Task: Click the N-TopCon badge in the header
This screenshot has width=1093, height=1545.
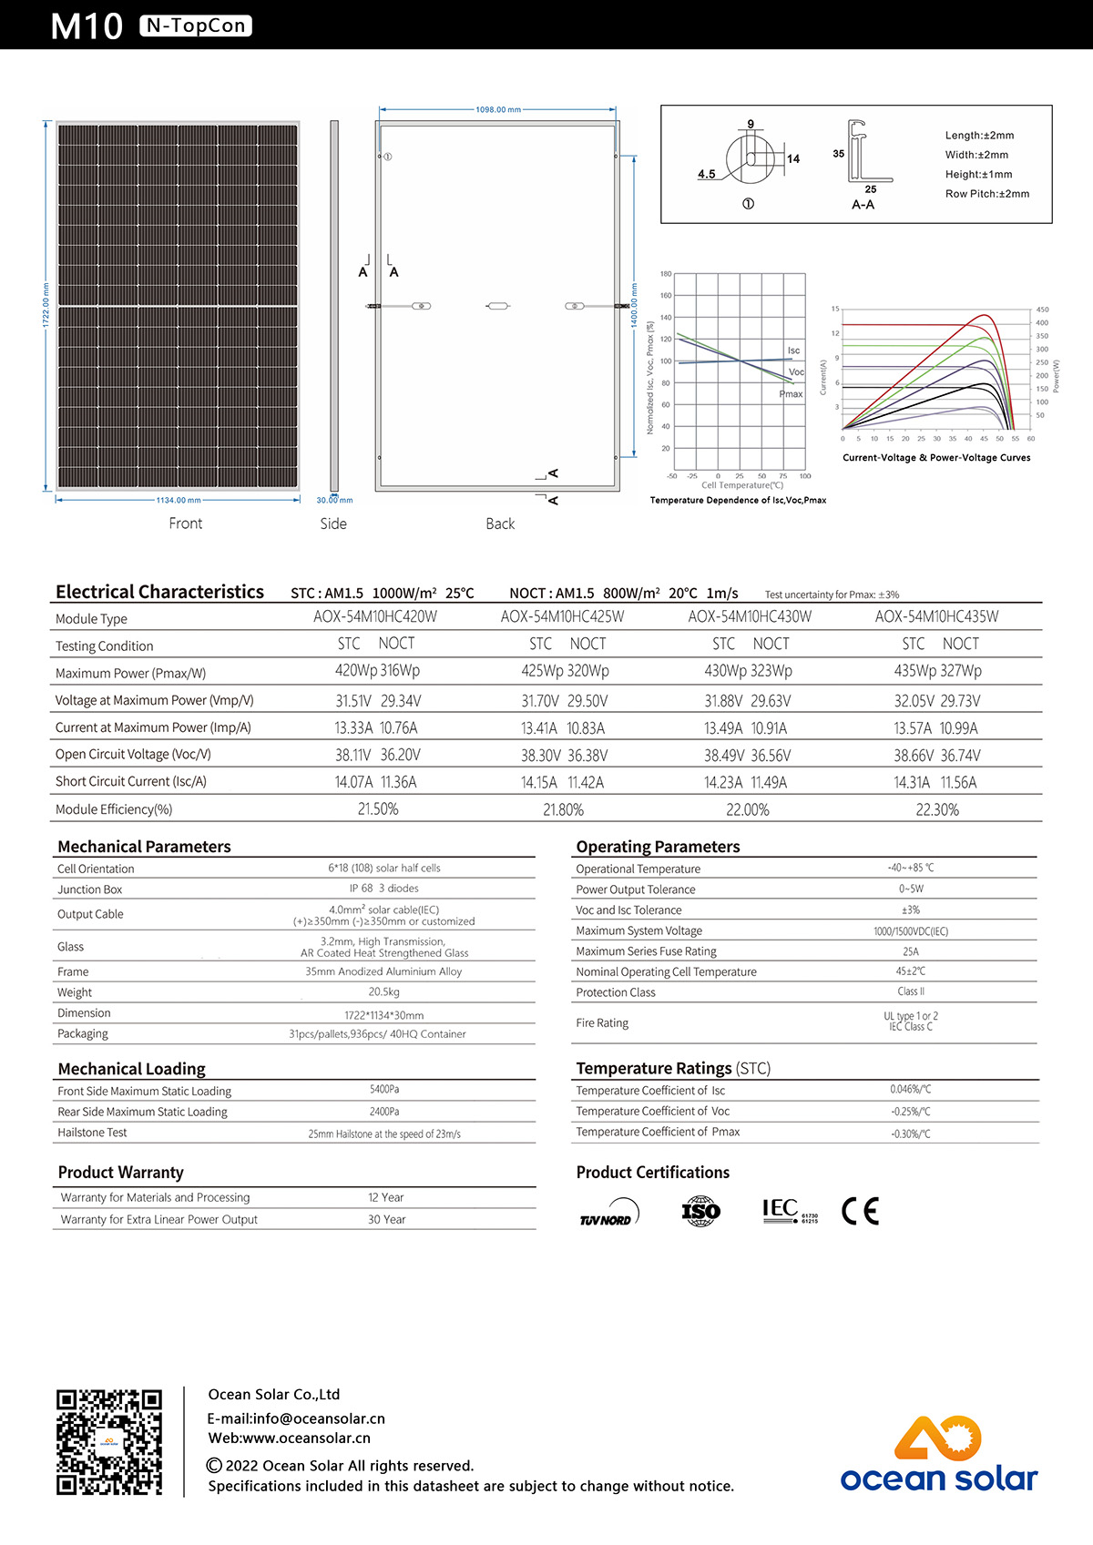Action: coord(196,25)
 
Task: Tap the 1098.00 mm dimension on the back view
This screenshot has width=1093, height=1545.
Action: coord(498,109)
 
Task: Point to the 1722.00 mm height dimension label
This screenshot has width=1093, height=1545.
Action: coord(46,305)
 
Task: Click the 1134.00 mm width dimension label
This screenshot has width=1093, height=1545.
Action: coord(179,500)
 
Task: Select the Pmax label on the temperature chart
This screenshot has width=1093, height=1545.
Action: coord(791,394)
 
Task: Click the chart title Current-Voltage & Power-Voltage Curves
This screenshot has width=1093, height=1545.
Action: coord(936,458)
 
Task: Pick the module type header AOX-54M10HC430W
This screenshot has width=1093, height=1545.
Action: coord(750,616)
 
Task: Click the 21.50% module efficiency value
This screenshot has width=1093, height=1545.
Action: coord(378,809)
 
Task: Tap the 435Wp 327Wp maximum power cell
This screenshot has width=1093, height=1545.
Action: coord(937,671)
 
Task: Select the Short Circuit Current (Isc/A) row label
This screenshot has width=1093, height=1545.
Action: coord(131,781)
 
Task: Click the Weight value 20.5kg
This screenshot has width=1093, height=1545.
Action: coord(383,991)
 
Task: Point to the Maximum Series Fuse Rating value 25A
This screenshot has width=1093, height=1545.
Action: coord(910,951)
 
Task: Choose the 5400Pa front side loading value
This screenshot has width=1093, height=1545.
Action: coord(384,1089)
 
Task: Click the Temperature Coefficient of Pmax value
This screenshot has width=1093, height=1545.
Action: coord(910,1133)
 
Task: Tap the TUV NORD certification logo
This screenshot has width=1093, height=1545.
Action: coord(608,1214)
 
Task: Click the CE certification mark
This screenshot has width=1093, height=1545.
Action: coord(860,1211)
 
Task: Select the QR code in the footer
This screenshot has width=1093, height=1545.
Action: coord(109,1442)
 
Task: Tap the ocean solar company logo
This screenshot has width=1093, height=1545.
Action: coord(938,1455)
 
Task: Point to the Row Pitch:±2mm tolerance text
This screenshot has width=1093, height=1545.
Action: coord(987,194)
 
